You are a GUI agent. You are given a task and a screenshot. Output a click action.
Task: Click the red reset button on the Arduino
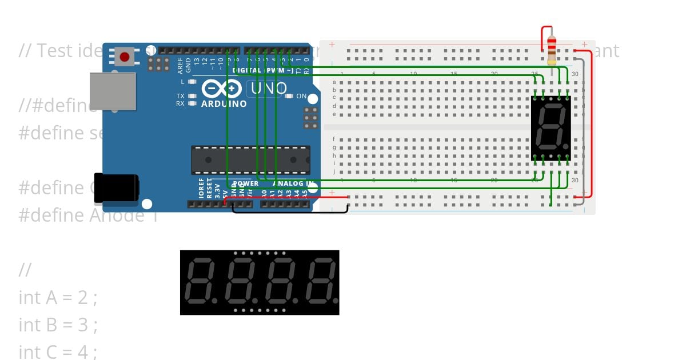tap(124, 56)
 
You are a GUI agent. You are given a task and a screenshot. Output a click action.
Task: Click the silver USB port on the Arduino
tap(113, 91)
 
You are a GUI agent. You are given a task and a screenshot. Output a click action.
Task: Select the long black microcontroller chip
tap(250, 160)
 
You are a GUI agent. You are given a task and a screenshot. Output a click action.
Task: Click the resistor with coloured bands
tap(551, 50)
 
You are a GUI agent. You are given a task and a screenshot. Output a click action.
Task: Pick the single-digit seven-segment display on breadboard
tap(551, 127)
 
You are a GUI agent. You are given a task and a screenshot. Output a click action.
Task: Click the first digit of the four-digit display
tap(200, 282)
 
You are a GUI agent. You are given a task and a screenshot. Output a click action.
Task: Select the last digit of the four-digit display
tap(321, 282)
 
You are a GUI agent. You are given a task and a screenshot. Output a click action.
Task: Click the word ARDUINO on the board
tap(224, 104)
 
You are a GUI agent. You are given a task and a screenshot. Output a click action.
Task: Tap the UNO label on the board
tap(267, 89)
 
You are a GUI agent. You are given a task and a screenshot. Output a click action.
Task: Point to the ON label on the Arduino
tap(301, 96)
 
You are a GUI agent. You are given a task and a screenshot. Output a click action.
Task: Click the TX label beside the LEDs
tap(180, 96)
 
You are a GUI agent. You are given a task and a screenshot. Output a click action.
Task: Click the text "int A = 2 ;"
tap(58, 298)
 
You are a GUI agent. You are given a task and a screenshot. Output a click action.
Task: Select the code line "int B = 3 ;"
tap(58, 325)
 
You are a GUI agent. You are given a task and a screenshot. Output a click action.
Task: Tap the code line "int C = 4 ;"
tap(58, 352)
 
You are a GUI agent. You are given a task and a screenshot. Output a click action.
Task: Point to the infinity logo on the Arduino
tap(220, 89)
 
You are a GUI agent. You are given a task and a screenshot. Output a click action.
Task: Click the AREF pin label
tap(180, 66)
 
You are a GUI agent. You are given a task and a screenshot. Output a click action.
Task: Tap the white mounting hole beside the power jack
tap(147, 204)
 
